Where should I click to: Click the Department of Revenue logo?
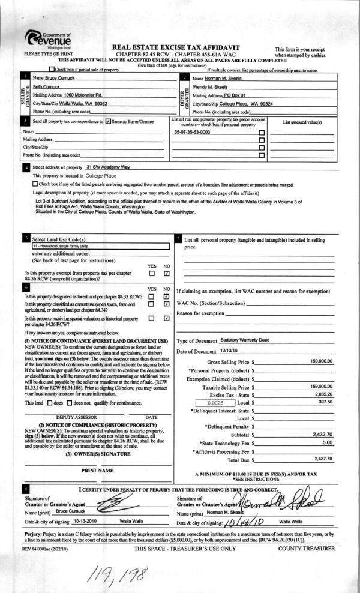(x=53, y=42)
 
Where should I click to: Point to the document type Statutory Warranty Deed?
(x=245, y=340)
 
